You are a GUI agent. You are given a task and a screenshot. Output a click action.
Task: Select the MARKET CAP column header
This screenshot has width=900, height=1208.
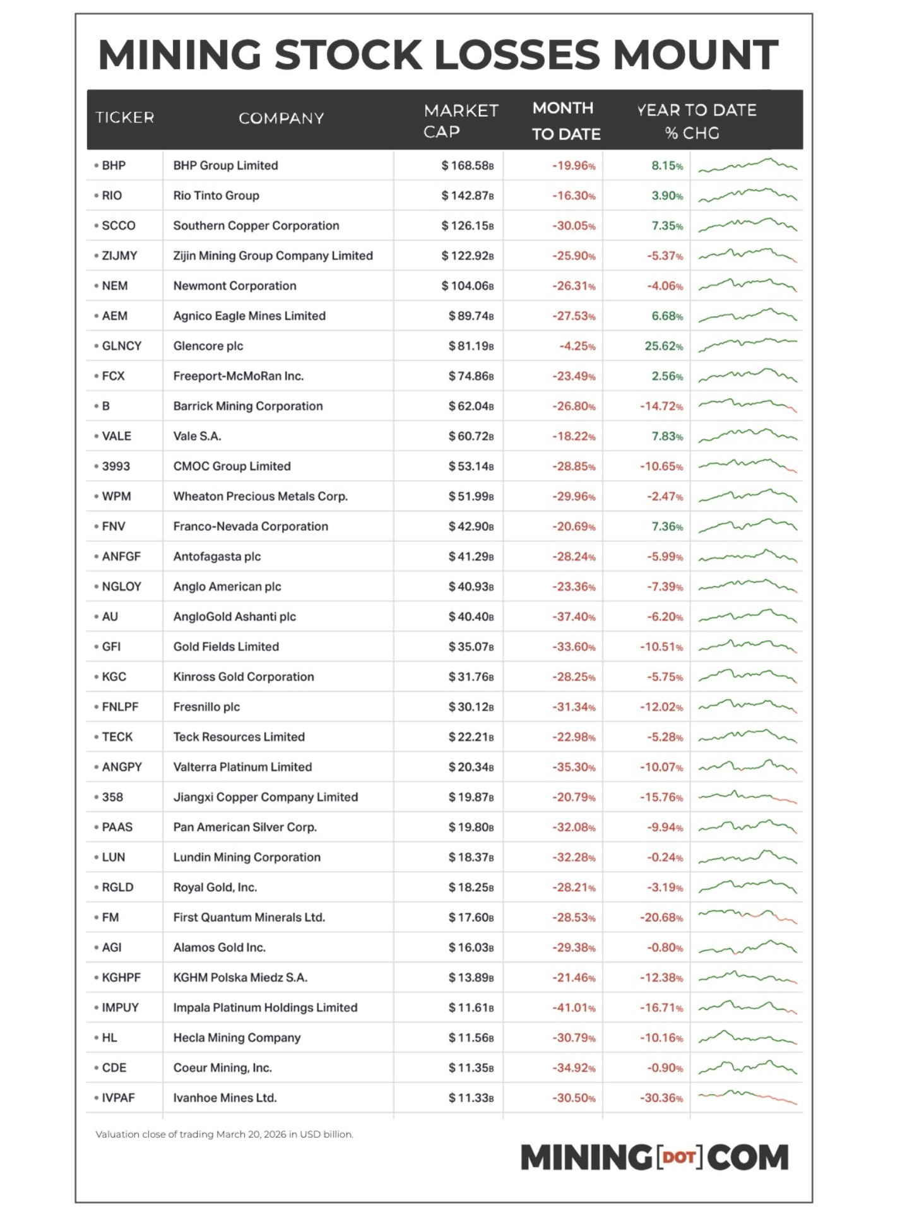coord(461,121)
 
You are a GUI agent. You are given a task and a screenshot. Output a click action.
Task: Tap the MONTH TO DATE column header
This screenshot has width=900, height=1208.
coord(565,121)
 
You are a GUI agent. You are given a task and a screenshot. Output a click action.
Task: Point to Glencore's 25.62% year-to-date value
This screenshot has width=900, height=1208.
coord(663,346)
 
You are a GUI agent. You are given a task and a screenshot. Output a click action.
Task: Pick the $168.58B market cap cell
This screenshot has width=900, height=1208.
coord(467,165)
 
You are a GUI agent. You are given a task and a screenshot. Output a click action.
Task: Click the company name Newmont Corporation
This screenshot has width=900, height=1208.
coord(235,286)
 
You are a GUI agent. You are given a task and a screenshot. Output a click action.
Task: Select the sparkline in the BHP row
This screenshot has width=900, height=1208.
coord(747,165)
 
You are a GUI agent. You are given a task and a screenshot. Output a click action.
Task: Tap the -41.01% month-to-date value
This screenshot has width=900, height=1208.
coord(574,1008)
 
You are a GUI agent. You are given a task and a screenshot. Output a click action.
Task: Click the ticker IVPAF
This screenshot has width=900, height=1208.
coord(118,1098)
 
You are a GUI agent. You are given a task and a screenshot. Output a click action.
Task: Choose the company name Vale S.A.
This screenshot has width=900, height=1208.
coord(197,436)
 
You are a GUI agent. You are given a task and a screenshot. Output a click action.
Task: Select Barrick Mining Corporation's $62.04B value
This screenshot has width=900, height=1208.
coord(471,406)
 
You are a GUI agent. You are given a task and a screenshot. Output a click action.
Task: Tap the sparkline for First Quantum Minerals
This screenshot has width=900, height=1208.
coord(747,916)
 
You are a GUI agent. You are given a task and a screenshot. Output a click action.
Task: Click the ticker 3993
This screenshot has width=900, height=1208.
coord(115,466)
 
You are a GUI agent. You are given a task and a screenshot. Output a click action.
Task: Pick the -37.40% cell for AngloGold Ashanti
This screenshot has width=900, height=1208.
coord(574,617)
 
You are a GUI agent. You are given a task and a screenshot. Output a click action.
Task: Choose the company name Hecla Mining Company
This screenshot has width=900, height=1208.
coord(237,1038)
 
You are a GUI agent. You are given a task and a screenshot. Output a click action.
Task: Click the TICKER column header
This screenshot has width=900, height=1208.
coord(124,117)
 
